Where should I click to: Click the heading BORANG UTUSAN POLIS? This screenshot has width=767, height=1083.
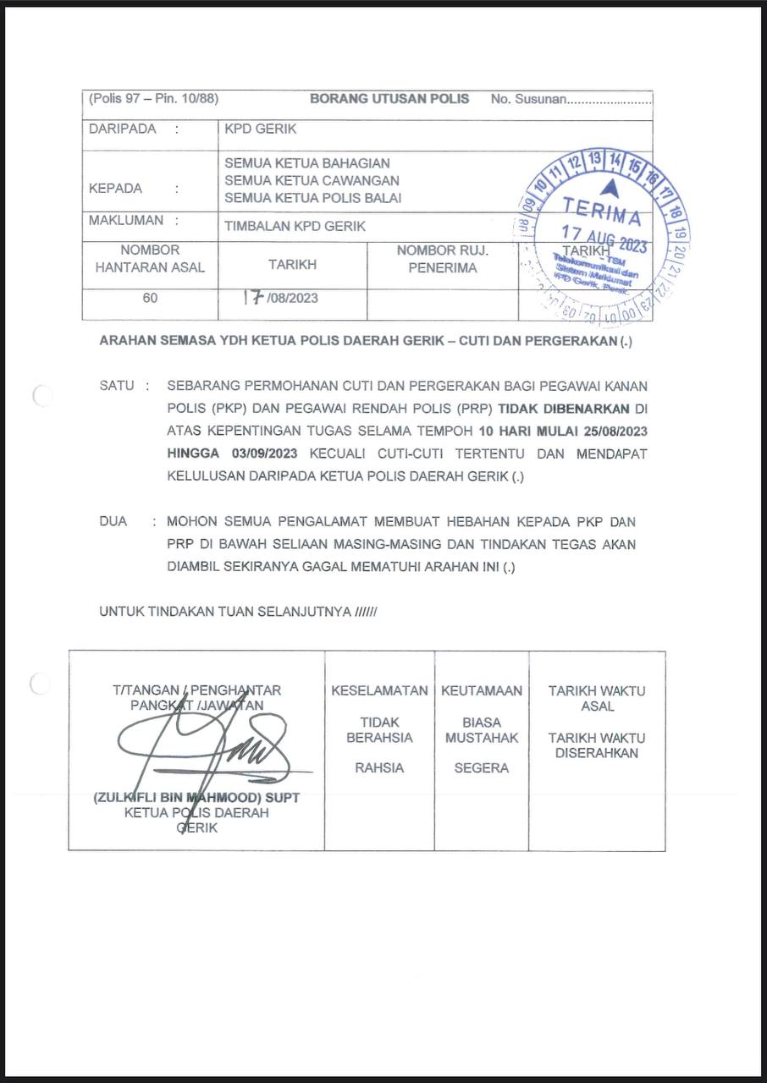tap(389, 99)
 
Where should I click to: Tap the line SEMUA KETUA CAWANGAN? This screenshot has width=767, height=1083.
tap(312, 180)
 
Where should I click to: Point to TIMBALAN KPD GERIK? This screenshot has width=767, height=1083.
tap(295, 226)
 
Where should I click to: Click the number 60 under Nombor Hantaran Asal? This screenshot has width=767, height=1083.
tap(150, 298)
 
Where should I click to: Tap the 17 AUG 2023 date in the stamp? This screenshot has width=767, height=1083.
tap(604, 238)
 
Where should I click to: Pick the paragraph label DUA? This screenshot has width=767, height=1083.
tap(113, 521)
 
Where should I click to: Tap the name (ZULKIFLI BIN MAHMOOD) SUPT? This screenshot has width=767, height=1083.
tap(196, 797)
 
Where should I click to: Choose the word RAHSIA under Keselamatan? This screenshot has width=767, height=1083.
tap(379, 768)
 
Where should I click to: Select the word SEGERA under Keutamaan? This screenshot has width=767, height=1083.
tap(481, 768)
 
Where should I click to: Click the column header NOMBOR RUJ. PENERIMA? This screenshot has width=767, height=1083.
tap(442, 259)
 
